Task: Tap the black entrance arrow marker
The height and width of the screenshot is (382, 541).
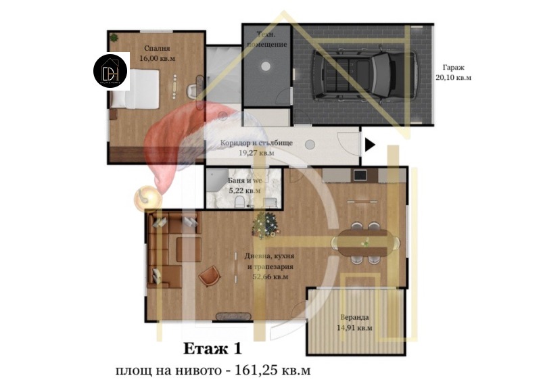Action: [x=370, y=144]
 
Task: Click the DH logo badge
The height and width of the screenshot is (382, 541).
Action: [x=110, y=70]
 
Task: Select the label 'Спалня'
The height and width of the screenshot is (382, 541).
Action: [x=156, y=49]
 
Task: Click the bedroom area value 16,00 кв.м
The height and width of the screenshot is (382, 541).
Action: [x=156, y=59]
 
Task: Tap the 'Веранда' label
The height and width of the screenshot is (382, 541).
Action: [x=354, y=317]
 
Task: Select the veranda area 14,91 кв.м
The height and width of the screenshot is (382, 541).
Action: [x=354, y=328]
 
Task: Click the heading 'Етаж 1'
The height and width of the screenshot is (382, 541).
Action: [x=212, y=349]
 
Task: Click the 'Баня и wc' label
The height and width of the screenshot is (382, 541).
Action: [x=245, y=181]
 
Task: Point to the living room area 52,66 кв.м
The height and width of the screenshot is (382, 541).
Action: [x=270, y=277]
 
